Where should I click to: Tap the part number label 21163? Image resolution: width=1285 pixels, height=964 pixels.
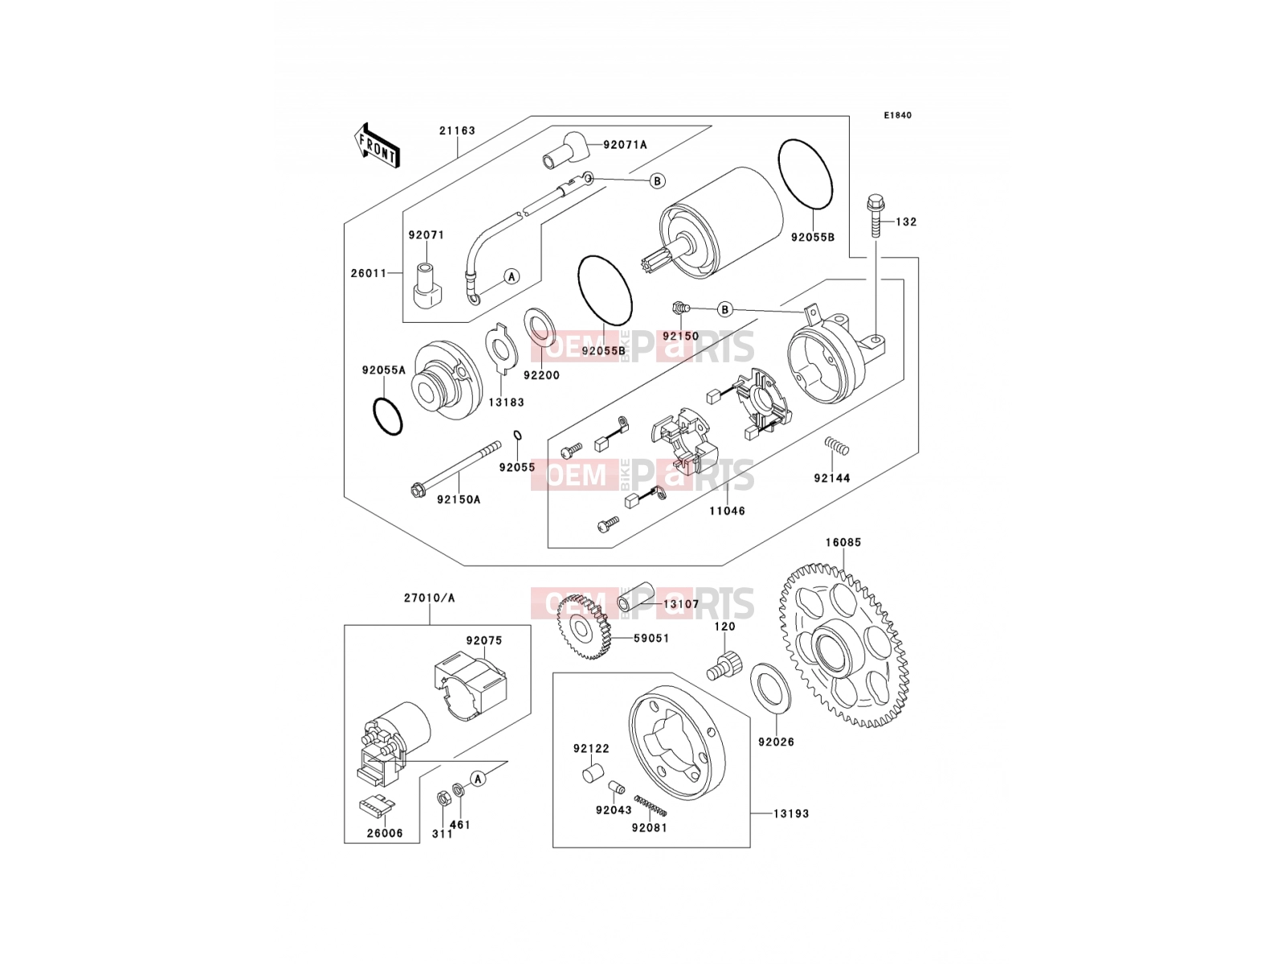pos(457,130)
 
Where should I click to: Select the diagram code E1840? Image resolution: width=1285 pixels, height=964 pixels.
pos(897,116)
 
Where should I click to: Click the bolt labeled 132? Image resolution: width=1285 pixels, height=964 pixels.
pos(875,215)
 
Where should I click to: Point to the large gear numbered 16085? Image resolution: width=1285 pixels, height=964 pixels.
pos(844,645)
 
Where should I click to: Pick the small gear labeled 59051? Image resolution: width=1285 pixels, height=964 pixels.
pos(582,627)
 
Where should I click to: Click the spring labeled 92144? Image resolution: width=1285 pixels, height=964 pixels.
pos(837,446)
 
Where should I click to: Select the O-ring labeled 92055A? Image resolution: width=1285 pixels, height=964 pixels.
pos(388,416)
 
